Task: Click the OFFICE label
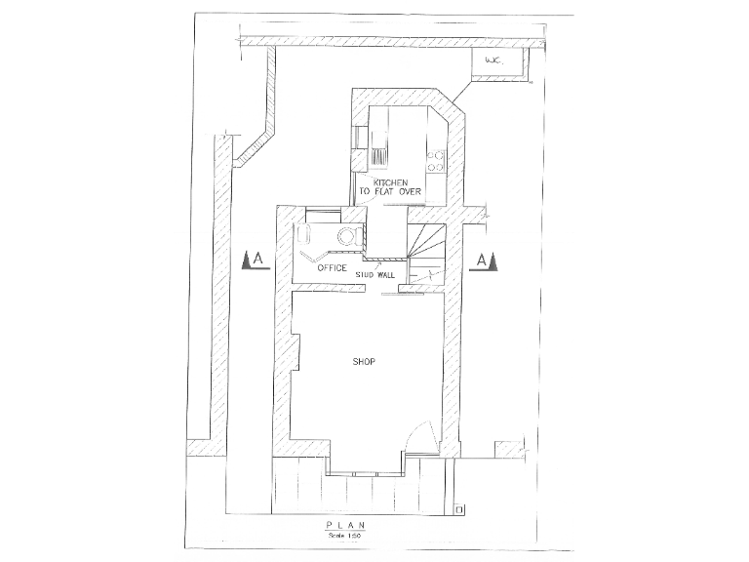click(332, 267)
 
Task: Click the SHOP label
click(363, 362)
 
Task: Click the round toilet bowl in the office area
click(345, 235)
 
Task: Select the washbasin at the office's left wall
click(302, 235)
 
